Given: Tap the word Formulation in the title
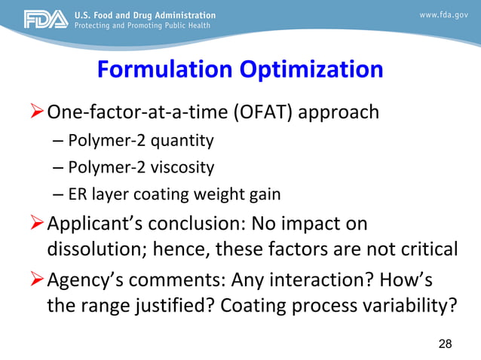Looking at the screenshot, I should [x=164, y=70].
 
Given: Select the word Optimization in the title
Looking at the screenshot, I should [x=312, y=70].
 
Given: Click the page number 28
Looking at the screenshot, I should [x=445, y=344].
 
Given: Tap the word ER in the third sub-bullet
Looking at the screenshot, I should [x=78, y=194].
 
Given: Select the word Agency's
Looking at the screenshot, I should [x=86, y=282].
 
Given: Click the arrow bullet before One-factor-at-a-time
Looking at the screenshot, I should [x=35, y=113].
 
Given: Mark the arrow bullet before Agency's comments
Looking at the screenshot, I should [x=35, y=282].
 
